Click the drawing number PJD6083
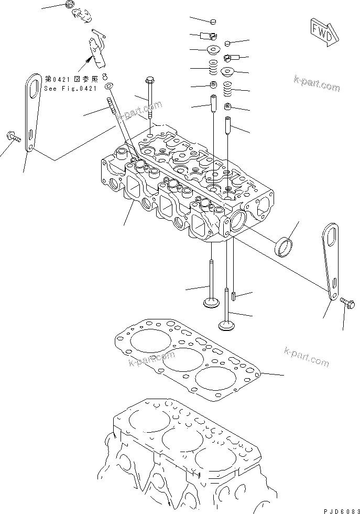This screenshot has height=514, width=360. (x=341, y=511)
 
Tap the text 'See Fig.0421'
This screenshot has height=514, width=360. (x=70, y=89)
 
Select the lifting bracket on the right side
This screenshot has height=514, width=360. (x=330, y=261)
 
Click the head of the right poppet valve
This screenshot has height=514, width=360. (x=226, y=325)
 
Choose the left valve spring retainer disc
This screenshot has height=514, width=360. (x=213, y=50)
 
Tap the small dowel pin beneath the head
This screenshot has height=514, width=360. (x=234, y=296)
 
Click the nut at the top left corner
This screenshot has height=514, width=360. (x=70, y=5)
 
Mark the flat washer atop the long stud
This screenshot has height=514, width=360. (x=109, y=86)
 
